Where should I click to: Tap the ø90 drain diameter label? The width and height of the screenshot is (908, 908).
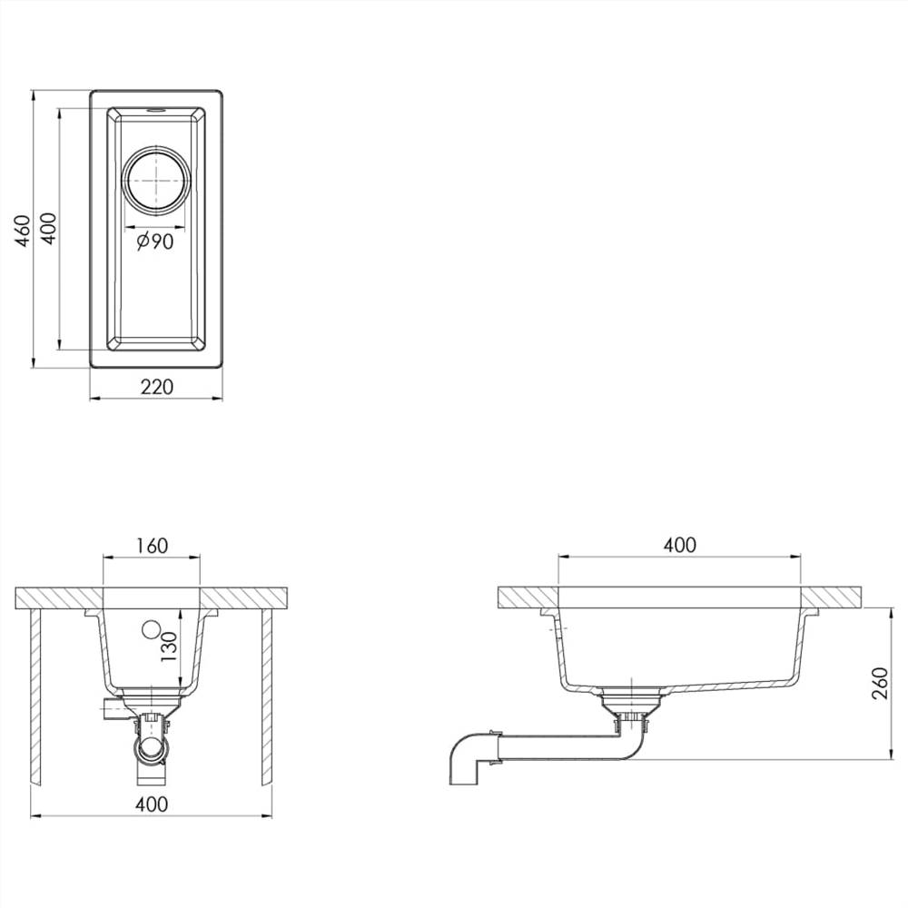coord(155,242)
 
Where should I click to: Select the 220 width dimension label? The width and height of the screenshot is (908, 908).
coord(156,387)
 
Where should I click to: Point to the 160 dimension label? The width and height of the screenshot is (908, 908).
coord(151,546)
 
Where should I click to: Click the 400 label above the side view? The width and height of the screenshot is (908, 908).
coord(679,545)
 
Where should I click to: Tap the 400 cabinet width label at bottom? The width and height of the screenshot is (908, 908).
coord(152,804)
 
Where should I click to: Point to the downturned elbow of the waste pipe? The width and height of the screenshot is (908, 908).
coord(466,758)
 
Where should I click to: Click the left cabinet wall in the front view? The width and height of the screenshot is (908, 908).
coord(35,695)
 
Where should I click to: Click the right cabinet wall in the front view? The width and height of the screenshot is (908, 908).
coord(267,695)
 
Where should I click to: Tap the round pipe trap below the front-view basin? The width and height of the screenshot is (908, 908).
coord(151,747)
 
